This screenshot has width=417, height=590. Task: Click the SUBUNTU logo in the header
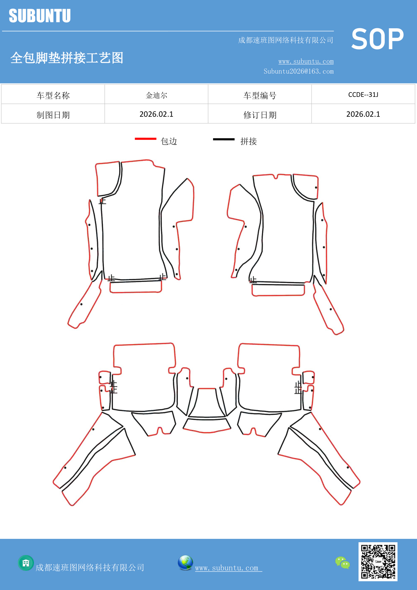click(40, 16)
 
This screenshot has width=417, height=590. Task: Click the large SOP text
click(377, 39)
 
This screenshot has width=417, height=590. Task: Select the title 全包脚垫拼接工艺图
click(67, 58)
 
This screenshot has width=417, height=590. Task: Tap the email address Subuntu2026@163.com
click(298, 71)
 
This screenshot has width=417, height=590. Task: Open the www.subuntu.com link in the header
click(306, 61)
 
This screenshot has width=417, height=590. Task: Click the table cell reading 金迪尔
click(156, 95)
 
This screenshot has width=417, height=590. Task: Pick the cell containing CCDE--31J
click(363, 95)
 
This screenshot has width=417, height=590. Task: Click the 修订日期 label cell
click(260, 115)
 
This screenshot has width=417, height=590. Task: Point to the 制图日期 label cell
click(53, 115)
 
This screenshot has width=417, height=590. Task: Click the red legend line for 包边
click(145, 139)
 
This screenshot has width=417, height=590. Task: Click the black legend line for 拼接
click(224, 139)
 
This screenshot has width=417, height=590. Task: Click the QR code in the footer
click(378, 561)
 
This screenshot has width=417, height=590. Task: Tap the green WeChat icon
click(342, 562)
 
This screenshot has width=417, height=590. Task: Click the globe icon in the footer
click(185, 563)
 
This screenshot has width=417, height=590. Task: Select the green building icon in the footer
click(26, 563)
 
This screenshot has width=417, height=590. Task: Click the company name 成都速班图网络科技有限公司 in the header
click(286, 40)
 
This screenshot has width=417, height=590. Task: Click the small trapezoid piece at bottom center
click(207, 425)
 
